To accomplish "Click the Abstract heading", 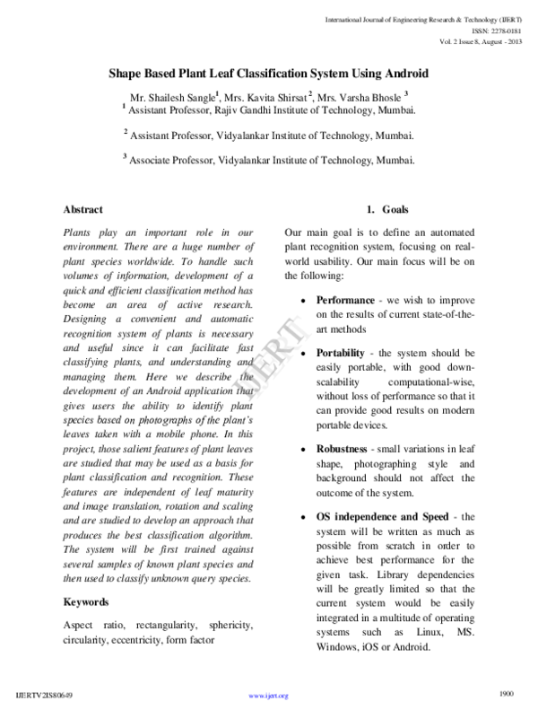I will coord(82,209).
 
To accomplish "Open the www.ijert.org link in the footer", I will coord(267,696).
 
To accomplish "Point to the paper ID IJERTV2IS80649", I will coord(46,696).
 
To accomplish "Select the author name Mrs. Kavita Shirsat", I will coord(266,95).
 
